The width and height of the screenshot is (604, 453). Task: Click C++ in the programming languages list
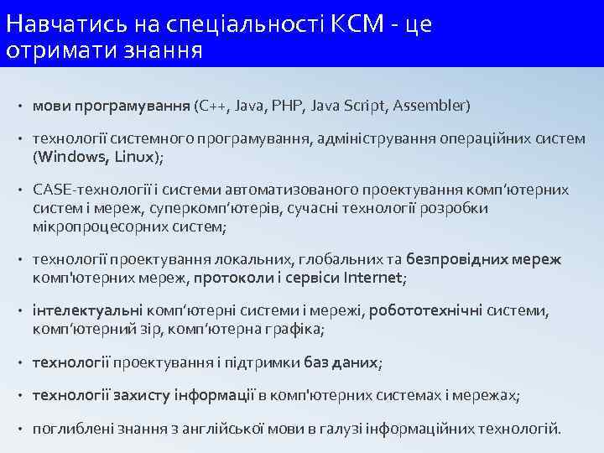tap(210, 107)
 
